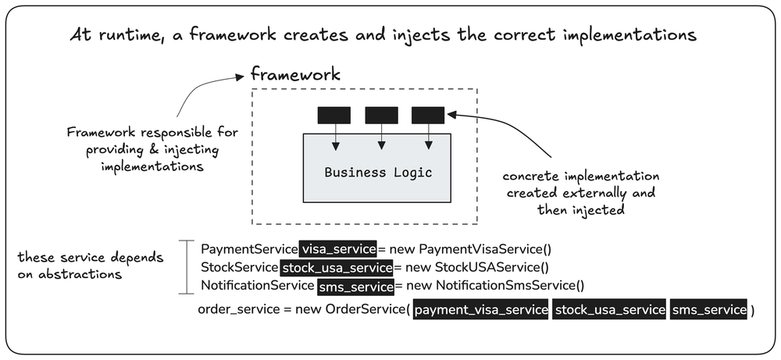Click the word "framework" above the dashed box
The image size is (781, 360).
click(295, 75)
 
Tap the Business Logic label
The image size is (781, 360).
click(378, 173)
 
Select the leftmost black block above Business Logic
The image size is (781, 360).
click(333, 115)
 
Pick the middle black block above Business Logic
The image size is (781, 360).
click(381, 115)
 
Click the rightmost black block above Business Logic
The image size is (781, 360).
click(428, 115)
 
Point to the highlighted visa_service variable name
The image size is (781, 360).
click(338, 249)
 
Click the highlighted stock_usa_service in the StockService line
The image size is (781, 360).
click(337, 267)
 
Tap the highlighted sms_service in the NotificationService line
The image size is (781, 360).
click(355, 287)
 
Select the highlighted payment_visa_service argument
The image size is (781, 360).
click(480, 310)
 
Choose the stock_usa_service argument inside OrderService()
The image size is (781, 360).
click(609, 310)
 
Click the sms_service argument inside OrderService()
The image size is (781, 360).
click(709, 310)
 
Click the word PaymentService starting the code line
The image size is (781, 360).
click(249, 249)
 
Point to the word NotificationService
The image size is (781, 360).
click(258, 287)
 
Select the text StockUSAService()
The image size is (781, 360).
click(491, 267)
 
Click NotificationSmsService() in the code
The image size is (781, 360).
click(510, 287)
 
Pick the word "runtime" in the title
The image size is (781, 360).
click(122, 37)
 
